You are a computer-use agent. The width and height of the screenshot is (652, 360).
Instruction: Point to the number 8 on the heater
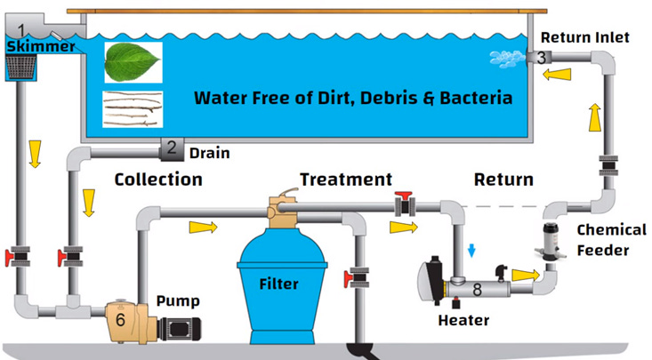[x=477, y=289]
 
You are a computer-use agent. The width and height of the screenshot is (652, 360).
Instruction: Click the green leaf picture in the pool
[x=133, y=63]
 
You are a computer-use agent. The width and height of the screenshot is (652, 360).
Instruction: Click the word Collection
[x=158, y=180]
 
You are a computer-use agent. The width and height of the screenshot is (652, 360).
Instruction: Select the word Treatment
[x=345, y=180]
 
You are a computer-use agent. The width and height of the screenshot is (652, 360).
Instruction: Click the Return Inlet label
[x=585, y=36]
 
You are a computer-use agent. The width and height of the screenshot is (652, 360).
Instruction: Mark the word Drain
[x=211, y=153]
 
